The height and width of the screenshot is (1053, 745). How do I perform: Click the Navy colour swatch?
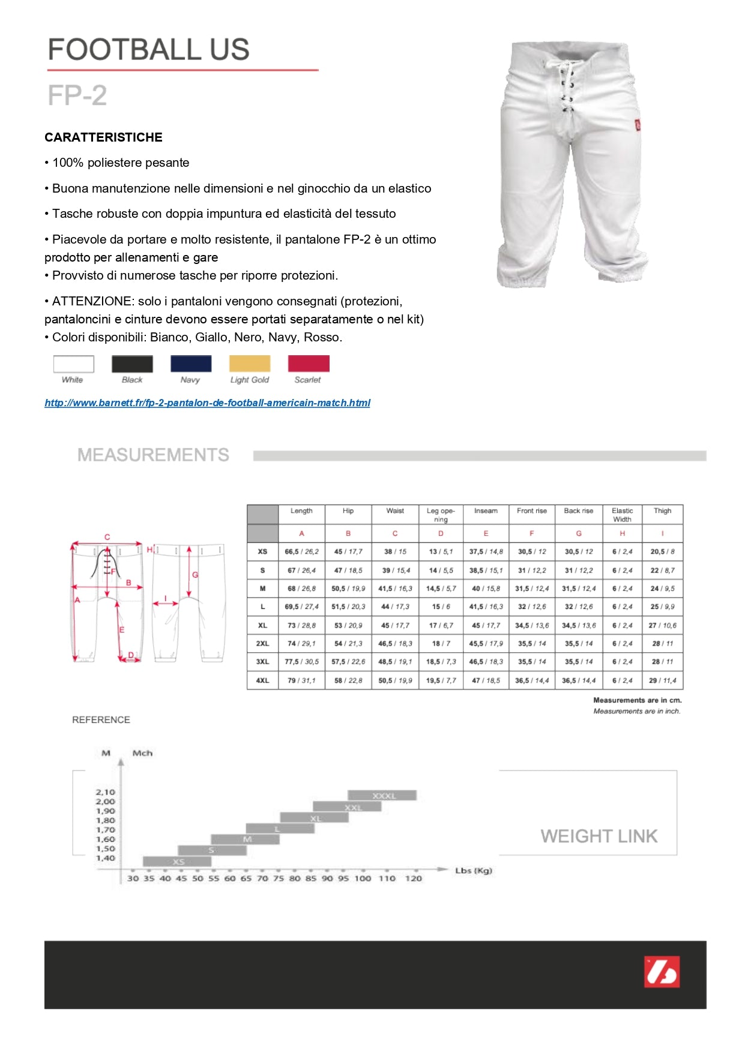(191, 364)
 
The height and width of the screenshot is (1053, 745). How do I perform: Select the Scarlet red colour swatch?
(309, 364)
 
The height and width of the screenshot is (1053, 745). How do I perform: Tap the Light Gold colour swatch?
(250, 364)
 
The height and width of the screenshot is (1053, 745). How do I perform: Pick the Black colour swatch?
(132, 364)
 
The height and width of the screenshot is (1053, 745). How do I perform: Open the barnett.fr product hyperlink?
(207, 403)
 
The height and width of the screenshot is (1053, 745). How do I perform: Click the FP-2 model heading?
(77, 95)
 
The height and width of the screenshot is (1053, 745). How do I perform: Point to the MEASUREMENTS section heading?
(153, 455)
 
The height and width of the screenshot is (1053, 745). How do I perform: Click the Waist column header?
(395, 511)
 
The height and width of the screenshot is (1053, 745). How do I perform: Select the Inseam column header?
(486, 511)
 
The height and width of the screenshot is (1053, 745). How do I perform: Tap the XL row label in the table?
(262, 625)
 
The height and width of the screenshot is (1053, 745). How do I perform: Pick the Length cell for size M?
(301, 589)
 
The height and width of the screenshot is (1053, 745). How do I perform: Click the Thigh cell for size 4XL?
(663, 680)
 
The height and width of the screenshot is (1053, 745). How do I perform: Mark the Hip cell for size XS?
(348, 551)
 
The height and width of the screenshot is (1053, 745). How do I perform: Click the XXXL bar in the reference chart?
(382, 796)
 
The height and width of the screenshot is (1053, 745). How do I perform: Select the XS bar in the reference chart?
(178, 862)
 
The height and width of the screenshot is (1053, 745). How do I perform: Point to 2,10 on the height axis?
(105, 792)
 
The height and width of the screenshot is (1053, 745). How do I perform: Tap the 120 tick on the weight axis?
(414, 878)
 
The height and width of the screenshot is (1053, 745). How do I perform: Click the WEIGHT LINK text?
(599, 836)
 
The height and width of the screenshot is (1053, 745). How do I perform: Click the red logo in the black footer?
(662, 971)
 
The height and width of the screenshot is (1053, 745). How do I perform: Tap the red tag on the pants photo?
(638, 125)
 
